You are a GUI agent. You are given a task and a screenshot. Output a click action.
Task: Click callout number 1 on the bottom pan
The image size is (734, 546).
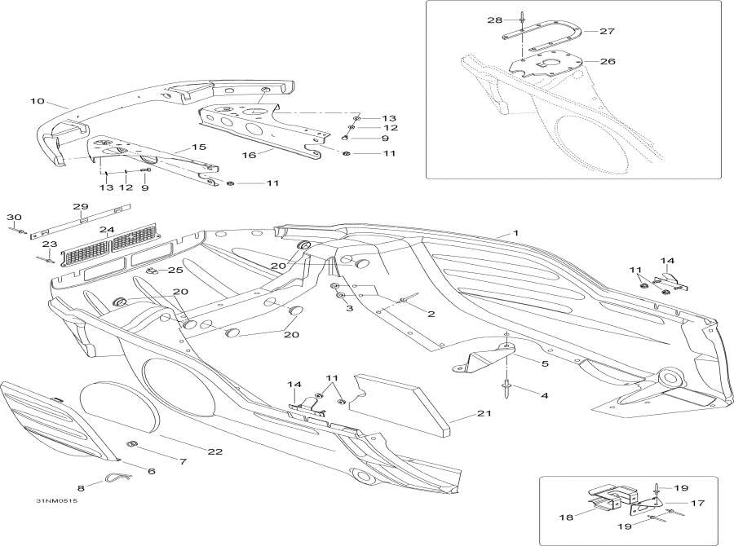[515, 234]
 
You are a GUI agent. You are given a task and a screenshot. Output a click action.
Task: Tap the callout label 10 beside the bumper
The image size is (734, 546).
[36, 102]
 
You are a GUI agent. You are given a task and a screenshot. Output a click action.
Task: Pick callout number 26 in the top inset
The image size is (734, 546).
[608, 61]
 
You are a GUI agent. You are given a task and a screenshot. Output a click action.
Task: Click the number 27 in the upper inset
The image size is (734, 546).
[608, 31]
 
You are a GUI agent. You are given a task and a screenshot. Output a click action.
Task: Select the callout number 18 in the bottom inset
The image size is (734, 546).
[565, 517]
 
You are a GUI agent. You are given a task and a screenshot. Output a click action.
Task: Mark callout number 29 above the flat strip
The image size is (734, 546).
[80, 206]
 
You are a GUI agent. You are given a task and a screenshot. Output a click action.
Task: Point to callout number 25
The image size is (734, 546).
[175, 270]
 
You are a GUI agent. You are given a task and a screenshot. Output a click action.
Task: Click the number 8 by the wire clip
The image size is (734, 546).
[80, 488]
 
